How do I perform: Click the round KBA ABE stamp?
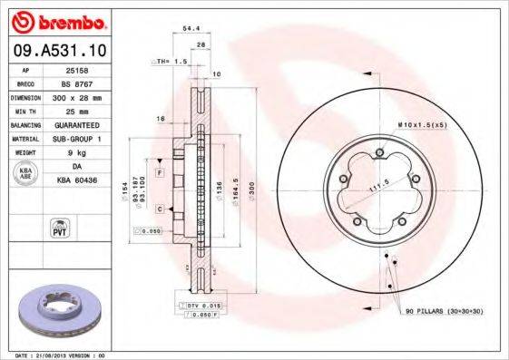pos(26,174)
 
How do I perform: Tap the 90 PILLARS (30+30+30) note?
pos(444,312)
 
